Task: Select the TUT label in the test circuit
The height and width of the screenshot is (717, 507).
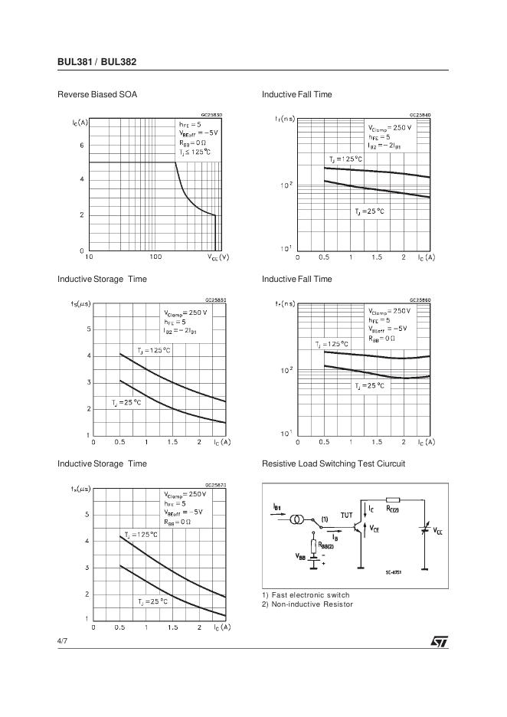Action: (347, 516)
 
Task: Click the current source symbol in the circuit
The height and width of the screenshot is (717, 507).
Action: (296, 519)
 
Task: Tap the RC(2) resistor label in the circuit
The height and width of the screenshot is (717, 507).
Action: (392, 508)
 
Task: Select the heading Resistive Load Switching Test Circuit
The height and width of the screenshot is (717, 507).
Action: (333, 464)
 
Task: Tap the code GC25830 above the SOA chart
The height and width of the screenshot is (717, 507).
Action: (212, 115)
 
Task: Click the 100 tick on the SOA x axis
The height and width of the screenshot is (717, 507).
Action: (155, 257)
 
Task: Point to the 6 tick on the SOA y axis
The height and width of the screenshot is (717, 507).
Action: (82, 145)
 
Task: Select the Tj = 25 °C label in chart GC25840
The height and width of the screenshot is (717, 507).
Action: (368, 211)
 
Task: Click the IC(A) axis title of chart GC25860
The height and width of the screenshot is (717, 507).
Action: (427, 442)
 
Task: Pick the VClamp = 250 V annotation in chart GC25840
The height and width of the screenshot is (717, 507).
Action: (389, 128)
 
